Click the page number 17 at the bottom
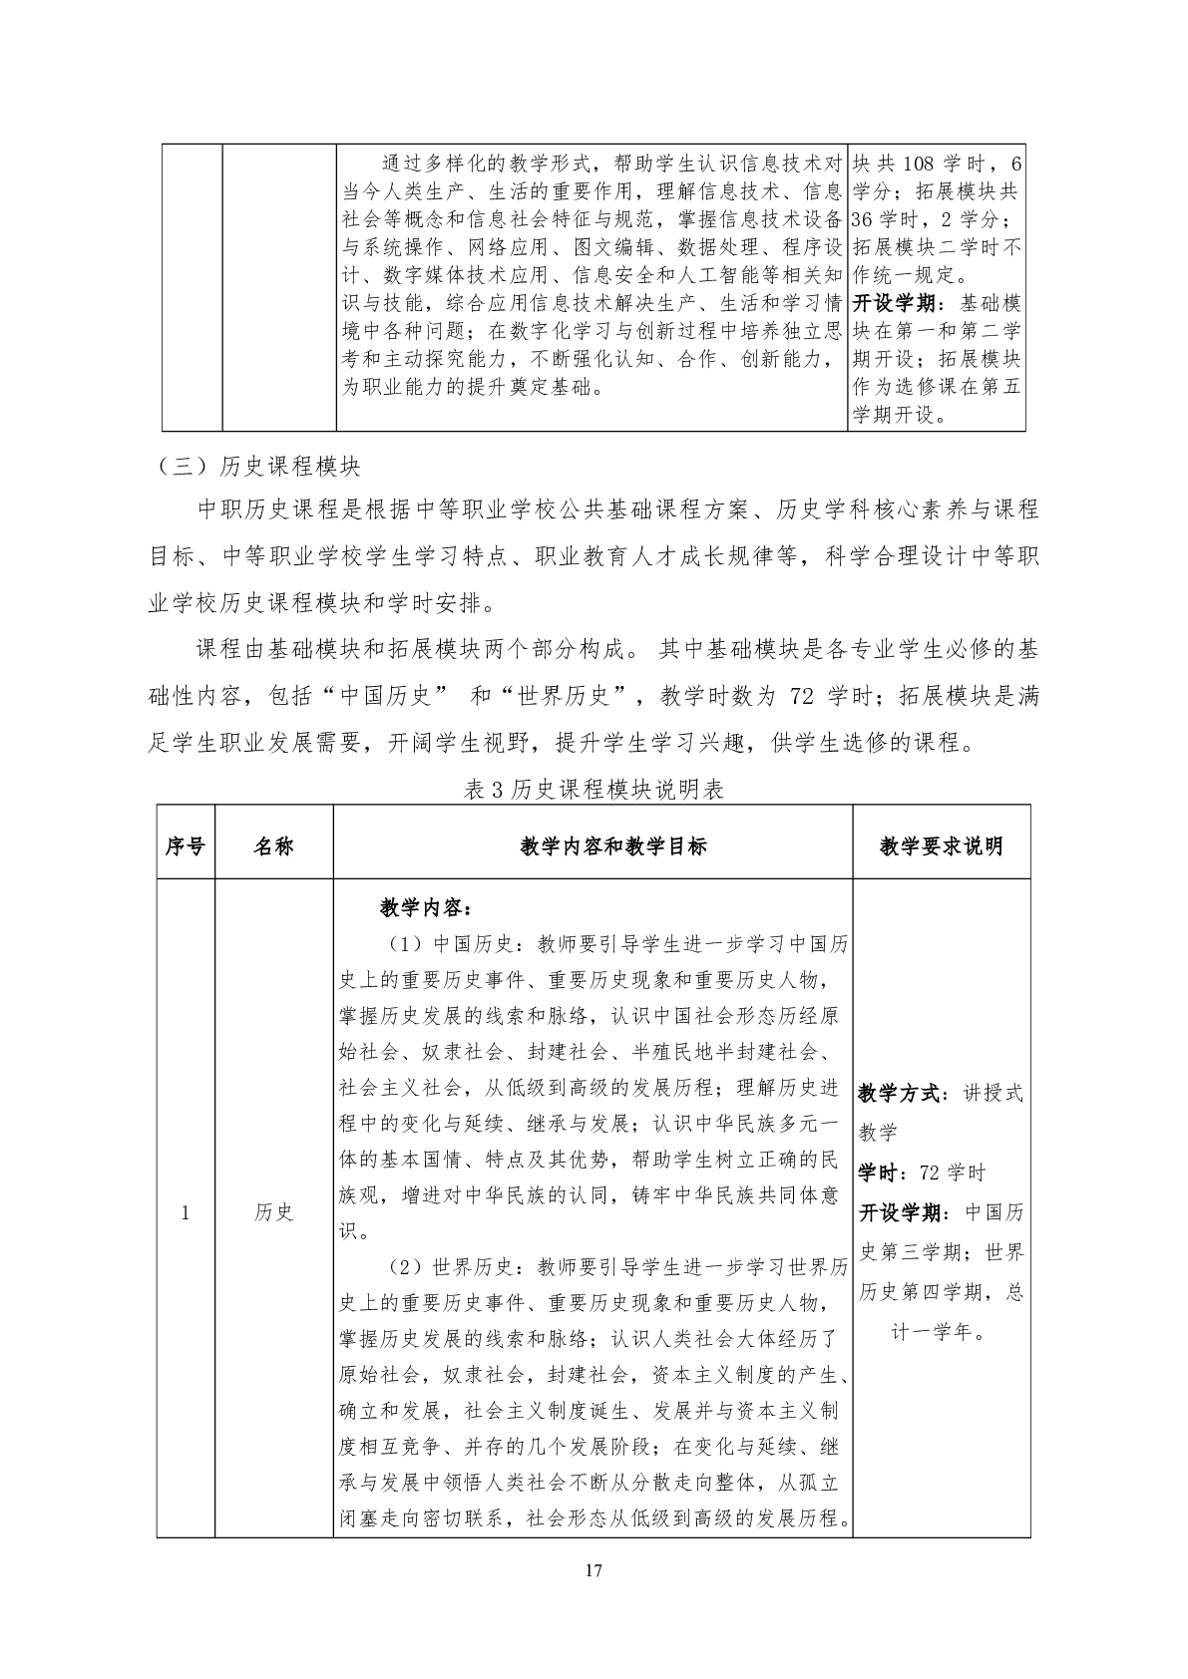tap(594, 1571)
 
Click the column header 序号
tap(185, 846)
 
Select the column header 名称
tap(273, 846)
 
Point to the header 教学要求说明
tap(941, 846)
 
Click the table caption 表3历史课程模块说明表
tap(594, 790)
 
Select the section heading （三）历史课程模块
tap(258, 466)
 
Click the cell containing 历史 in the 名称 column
tap(273, 1212)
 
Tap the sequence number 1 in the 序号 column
tap(185, 1212)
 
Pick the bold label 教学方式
tap(898, 1093)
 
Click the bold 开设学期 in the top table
tap(895, 303)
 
